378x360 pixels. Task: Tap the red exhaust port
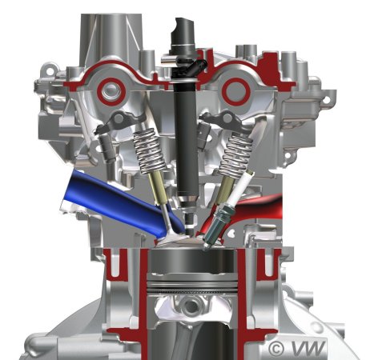[256, 210]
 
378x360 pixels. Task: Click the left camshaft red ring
[111, 91]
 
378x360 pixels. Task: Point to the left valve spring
[149, 150]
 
